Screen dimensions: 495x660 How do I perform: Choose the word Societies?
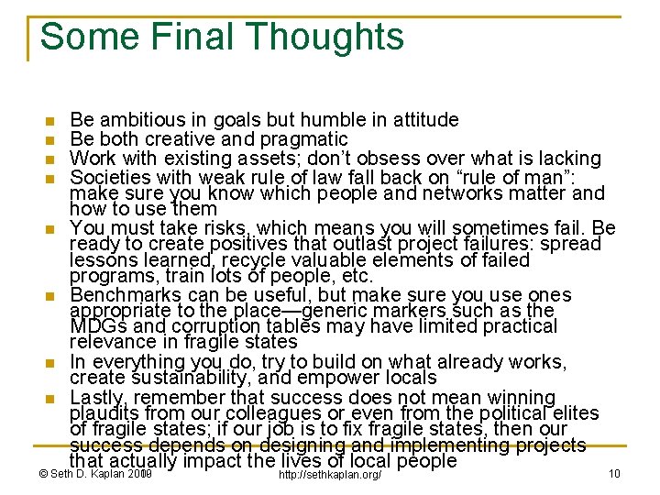107,176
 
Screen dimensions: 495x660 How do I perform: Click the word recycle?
238,260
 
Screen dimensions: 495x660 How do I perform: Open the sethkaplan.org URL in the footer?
328,474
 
